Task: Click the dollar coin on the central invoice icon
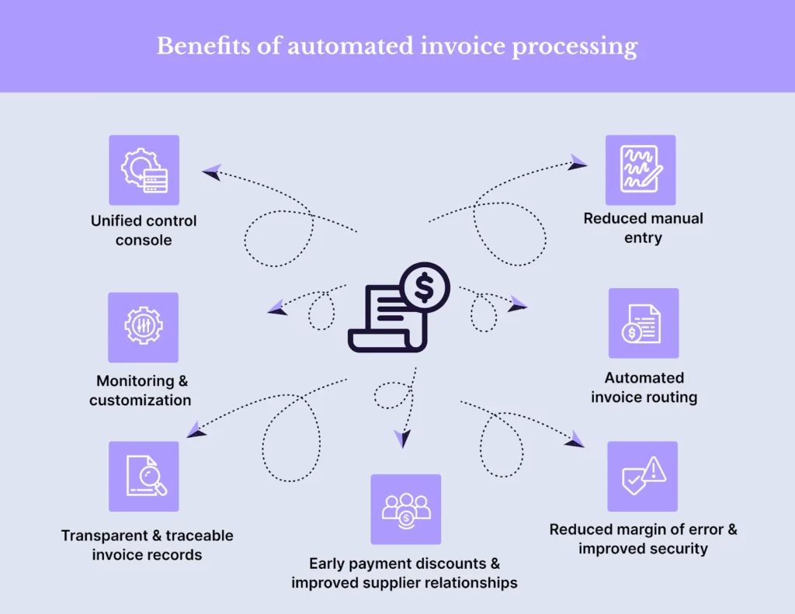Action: click(424, 288)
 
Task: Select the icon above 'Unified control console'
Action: click(144, 170)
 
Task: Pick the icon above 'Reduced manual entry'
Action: click(641, 170)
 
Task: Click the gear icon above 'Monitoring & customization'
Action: click(143, 327)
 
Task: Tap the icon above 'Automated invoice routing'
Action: click(643, 323)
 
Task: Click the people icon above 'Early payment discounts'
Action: click(405, 509)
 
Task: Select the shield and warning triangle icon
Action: click(642, 476)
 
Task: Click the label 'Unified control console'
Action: click(144, 231)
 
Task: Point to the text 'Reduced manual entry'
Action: click(643, 228)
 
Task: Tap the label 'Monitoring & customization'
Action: click(141, 390)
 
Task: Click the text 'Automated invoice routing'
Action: click(644, 387)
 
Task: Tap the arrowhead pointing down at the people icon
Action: click(401, 439)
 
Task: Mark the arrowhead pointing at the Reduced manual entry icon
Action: click(578, 162)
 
